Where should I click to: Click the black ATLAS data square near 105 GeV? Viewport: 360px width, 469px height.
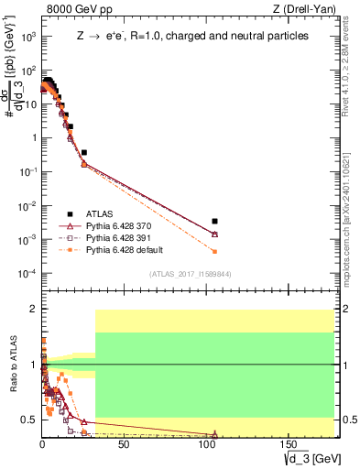click(214, 221)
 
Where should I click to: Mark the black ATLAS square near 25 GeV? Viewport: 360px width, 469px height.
click(83, 152)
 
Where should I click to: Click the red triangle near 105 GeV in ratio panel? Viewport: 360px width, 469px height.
click(214, 434)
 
